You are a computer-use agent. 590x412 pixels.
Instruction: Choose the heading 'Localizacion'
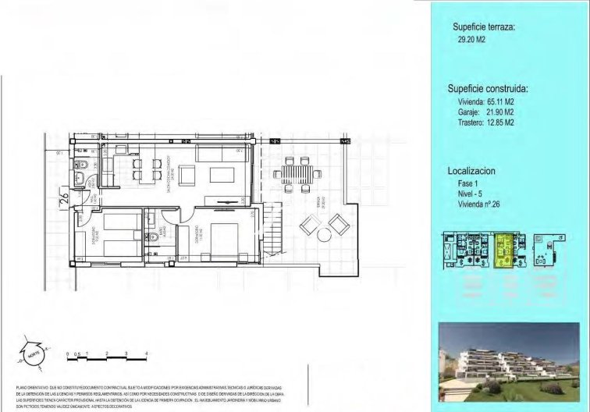pyautogui.click(x=471, y=169)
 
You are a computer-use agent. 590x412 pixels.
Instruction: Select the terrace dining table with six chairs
pyautogui.click(x=294, y=172)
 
